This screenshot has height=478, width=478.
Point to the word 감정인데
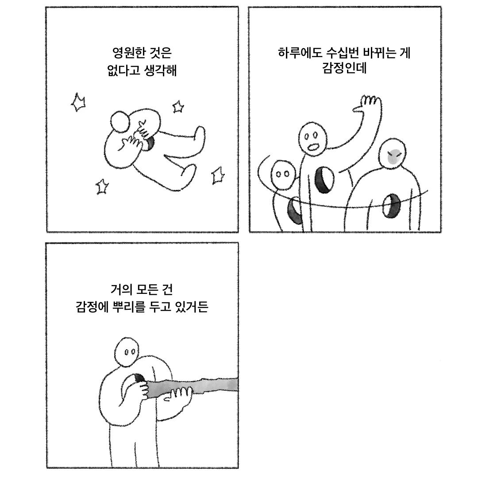tap(344, 68)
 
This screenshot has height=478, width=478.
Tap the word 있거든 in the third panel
tap(192, 307)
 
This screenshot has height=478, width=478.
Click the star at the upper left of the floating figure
tap(78, 103)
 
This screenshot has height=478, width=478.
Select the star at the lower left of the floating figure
tap(102, 187)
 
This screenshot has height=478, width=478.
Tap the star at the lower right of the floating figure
tap(218, 176)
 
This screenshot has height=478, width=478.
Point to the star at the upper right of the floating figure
tap(178, 107)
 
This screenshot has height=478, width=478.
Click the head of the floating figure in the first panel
tap(120, 122)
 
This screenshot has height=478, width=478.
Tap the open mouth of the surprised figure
tap(313, 147)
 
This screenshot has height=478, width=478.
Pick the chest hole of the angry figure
tap(391, 206)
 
